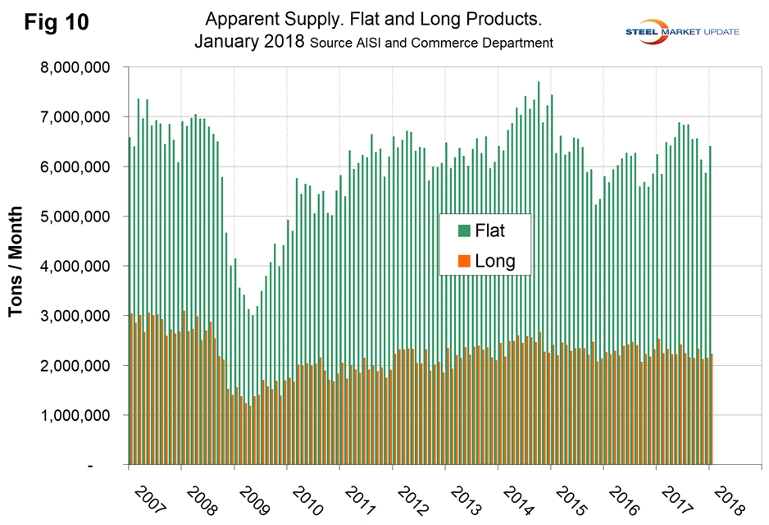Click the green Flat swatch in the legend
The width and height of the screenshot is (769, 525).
click(465, 231)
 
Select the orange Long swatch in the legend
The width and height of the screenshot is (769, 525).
click(465, 262)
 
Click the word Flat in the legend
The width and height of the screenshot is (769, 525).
click(489, 231)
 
